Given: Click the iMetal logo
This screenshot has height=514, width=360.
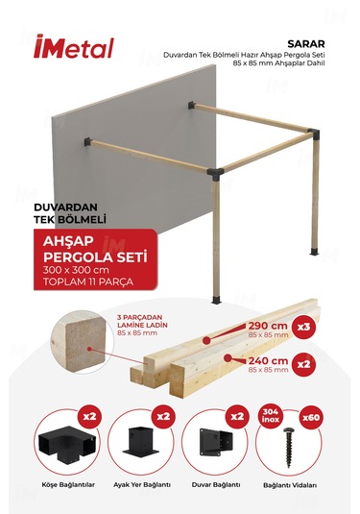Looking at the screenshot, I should tap(73, 48).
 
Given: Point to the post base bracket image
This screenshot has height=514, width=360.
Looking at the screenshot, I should tap(139, 445).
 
